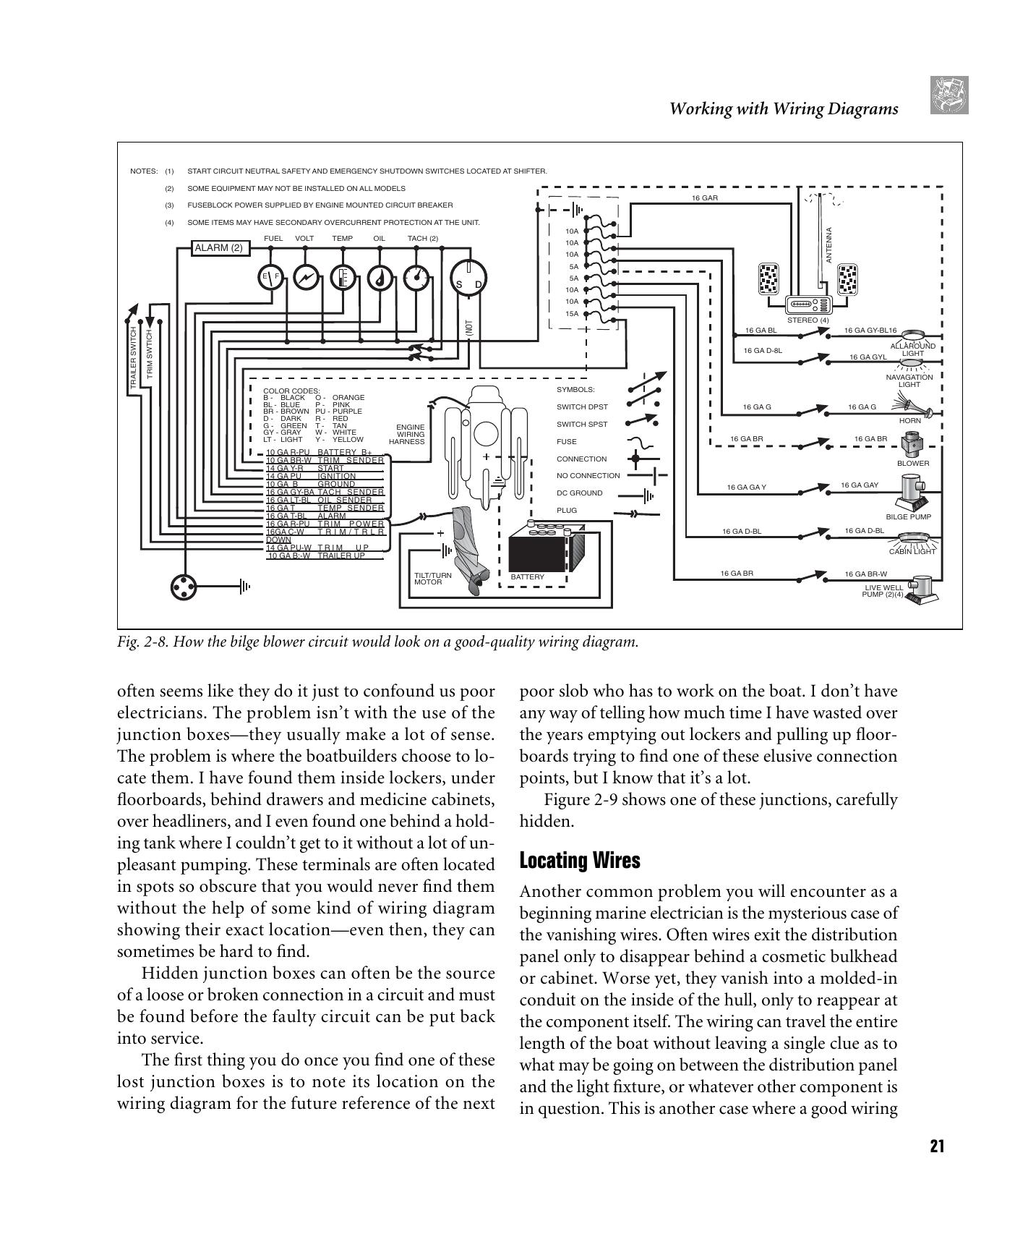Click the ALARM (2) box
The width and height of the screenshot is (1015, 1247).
[x=220, y=248]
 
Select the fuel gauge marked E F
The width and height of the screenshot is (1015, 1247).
[x=271, y=277]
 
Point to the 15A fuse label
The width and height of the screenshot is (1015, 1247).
[x=572, y=314]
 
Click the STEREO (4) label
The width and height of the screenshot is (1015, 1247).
[x=808, y=320]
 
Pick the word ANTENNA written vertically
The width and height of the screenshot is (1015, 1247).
[x=829, y=245]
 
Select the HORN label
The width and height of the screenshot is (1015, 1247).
[x=909, y=420]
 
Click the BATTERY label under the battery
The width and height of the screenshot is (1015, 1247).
[x=527, y=577]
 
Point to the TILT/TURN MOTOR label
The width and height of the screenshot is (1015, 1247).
[x=432, y=579]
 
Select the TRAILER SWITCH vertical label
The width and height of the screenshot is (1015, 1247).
[x=134, y=359]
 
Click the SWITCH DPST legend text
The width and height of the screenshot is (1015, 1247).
[x=582, y=407]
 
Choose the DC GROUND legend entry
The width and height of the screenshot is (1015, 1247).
[x=579, y=493]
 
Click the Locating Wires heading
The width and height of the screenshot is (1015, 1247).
[x=580, y=861]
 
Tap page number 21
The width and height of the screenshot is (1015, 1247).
[x=937, y=1146]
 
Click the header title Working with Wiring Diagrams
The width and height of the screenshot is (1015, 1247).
[x=784, y=108]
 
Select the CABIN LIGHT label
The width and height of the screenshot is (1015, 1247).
[x=912, y=551]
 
